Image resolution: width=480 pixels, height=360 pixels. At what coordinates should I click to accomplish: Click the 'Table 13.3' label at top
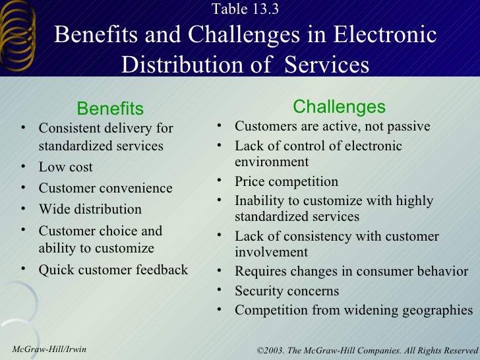(245, 9)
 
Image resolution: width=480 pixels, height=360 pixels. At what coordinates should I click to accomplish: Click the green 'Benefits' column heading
(110, 108)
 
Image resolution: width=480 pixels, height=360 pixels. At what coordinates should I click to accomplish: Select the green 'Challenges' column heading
(339, 107)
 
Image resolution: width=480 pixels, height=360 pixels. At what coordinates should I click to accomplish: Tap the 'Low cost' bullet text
(65, 167)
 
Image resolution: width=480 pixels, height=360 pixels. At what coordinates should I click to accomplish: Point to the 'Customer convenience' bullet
(105, 188)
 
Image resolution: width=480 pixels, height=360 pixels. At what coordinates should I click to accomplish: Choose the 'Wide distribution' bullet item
(90, 209)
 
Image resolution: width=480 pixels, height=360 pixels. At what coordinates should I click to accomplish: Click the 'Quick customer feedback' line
(113, 270)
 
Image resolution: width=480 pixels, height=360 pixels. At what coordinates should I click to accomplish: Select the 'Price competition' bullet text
(286, 181)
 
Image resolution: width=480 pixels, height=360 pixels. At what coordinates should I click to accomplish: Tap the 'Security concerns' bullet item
(286, 291)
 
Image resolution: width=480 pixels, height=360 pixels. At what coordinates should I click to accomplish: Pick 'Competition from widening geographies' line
(353, 310)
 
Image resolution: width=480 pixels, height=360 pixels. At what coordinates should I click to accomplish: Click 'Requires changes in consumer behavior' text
(351, 272)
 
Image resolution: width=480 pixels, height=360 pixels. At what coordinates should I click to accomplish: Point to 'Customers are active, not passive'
(332, 126)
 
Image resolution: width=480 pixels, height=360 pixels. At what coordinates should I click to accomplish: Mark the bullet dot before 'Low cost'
(23, 167)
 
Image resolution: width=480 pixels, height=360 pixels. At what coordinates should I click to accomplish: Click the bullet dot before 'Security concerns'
(220, 291)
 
